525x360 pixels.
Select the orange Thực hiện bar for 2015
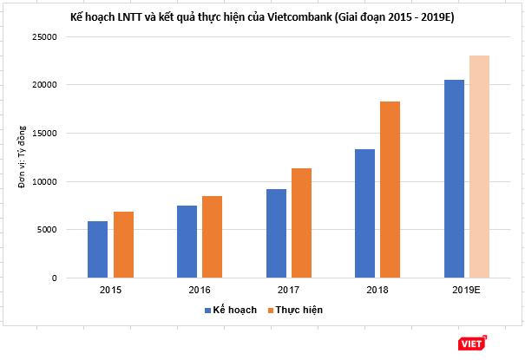tap(123, 245)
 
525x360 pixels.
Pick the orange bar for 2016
tap(212, 237)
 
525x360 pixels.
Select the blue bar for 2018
tap(364, 213)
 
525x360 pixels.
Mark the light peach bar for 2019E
tap(479, 167)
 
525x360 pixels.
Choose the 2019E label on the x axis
tap(466, 288)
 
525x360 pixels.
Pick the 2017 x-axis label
tap(288, 288)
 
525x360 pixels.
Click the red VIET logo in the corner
tap(472, 344)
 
